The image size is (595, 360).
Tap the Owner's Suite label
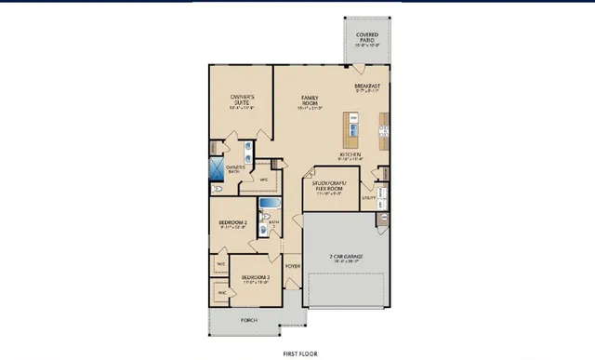pyautogui.click(x=244, y=100)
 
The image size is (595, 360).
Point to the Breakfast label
pyautogui.click(x=368, y=87)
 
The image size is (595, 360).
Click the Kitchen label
pyautogui.click(x=350, y=155)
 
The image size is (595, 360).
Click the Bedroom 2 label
pyautogui.click(x=232, y=224)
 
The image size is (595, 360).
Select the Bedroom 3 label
pyautogui.click(x=256, y=278)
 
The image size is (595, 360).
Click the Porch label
pyautogui.click(x=248, y=320)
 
